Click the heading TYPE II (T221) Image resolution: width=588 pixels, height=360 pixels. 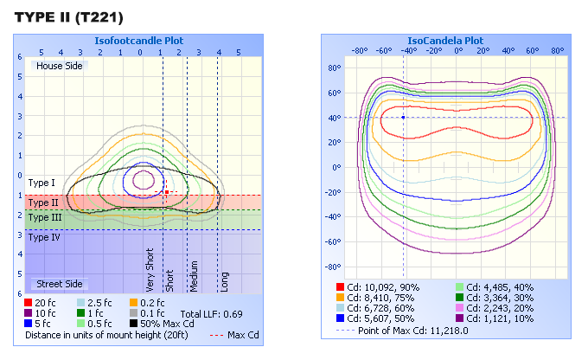[x=69, y=17]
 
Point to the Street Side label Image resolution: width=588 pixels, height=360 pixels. [x=59, y=284]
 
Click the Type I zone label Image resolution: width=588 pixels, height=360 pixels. [x=42, y=183]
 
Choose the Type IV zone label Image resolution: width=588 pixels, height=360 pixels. [x=44, y=237]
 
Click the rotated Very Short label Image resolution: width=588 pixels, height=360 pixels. [x=150, y=270]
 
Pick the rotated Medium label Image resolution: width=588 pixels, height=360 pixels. [x=195, y=275]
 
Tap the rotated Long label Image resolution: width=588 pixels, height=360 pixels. [x=224, y=280]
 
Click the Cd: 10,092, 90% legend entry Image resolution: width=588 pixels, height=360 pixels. [x=377, y=286]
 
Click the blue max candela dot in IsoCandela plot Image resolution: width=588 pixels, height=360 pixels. [x=403, y=117]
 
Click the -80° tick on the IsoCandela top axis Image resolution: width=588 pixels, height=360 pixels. [x=361, y=49]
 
